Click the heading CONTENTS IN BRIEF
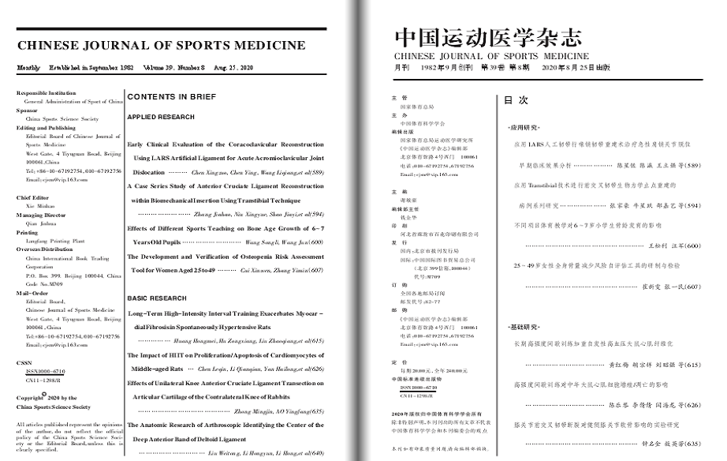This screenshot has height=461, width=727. (x=171, y=97)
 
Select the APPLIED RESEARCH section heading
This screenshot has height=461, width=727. (x=161, y=117)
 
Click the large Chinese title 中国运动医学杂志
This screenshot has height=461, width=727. (x=489, y=38)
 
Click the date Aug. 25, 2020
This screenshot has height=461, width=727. (x=234, y=68)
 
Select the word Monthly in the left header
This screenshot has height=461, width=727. (x=28, y=68)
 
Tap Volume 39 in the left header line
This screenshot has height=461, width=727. (x=159, y=68)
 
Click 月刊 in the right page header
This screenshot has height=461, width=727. (x=402, y=68)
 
